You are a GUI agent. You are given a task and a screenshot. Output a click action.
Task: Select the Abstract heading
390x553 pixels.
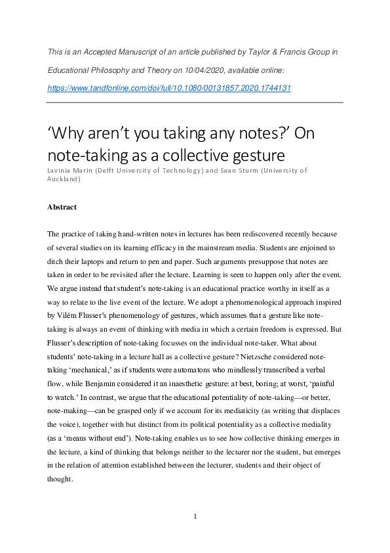click(62, 207)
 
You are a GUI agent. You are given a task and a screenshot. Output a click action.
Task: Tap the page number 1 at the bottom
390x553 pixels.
click(195, 516)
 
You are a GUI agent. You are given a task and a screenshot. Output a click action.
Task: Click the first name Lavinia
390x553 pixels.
click(60, 170)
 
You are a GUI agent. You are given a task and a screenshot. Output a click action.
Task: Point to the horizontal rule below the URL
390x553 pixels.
click(195, 102)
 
